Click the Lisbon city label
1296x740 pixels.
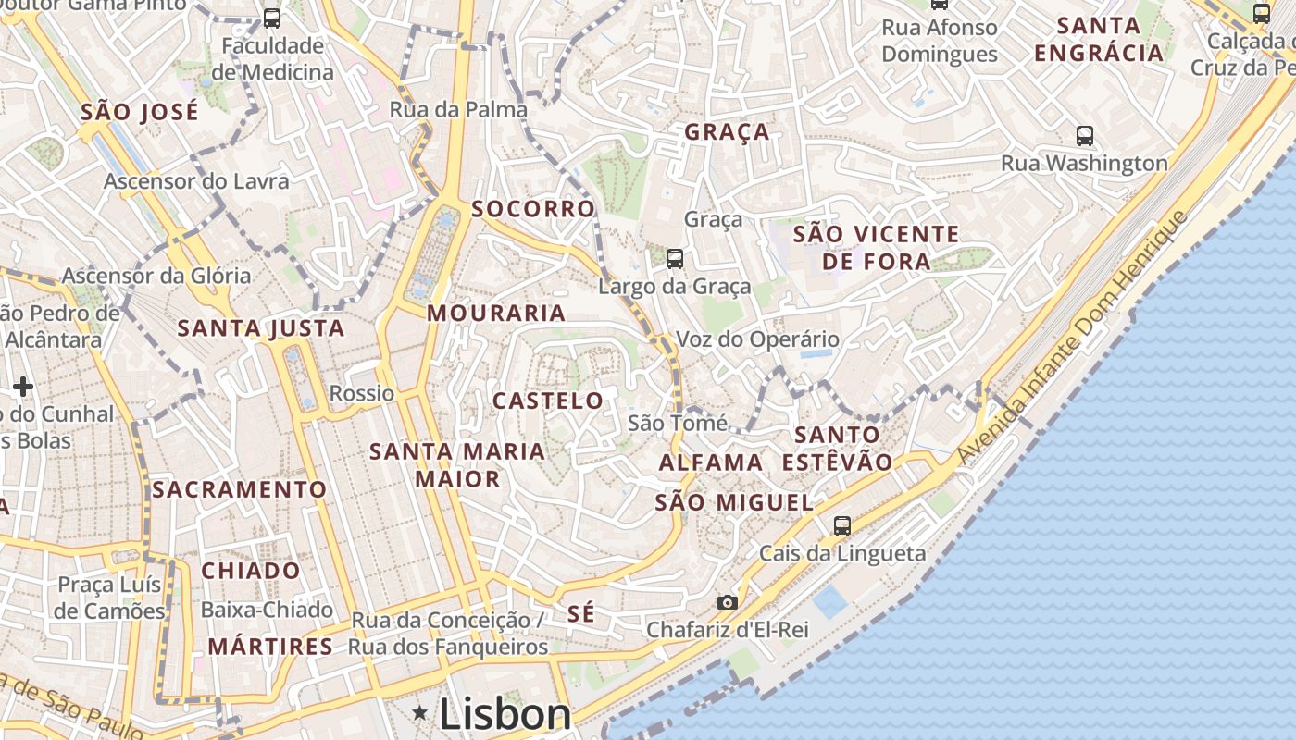tap(505, 714)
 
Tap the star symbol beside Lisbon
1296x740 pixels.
tap(420, 713)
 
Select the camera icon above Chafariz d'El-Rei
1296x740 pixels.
tap(728, 602)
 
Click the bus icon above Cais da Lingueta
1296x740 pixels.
tap(841, 525)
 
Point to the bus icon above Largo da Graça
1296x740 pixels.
tap(675, 259)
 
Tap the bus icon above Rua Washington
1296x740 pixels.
tap(1085, 136)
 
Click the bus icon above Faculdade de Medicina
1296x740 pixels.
tap(271, 18)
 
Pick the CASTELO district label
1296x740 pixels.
tap(548, 401)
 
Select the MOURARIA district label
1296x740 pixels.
tap(496, 313)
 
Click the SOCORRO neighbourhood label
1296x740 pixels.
tap(533, 209)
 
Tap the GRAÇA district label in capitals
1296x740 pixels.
tap(727, 132)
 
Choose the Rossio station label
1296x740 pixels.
tap(362, 393)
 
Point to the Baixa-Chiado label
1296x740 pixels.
tap(267, 610)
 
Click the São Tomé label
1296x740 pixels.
tap(677, 423)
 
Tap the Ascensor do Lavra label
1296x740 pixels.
tap(196, 181)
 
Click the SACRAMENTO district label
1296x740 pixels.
tap(239, 489)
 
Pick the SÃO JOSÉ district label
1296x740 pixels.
tap(140, 113)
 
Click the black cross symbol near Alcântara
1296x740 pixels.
tap(23, 386)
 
